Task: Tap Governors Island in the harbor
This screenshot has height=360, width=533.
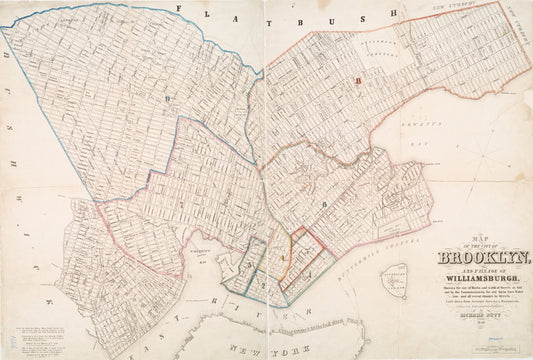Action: pos(399,280)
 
